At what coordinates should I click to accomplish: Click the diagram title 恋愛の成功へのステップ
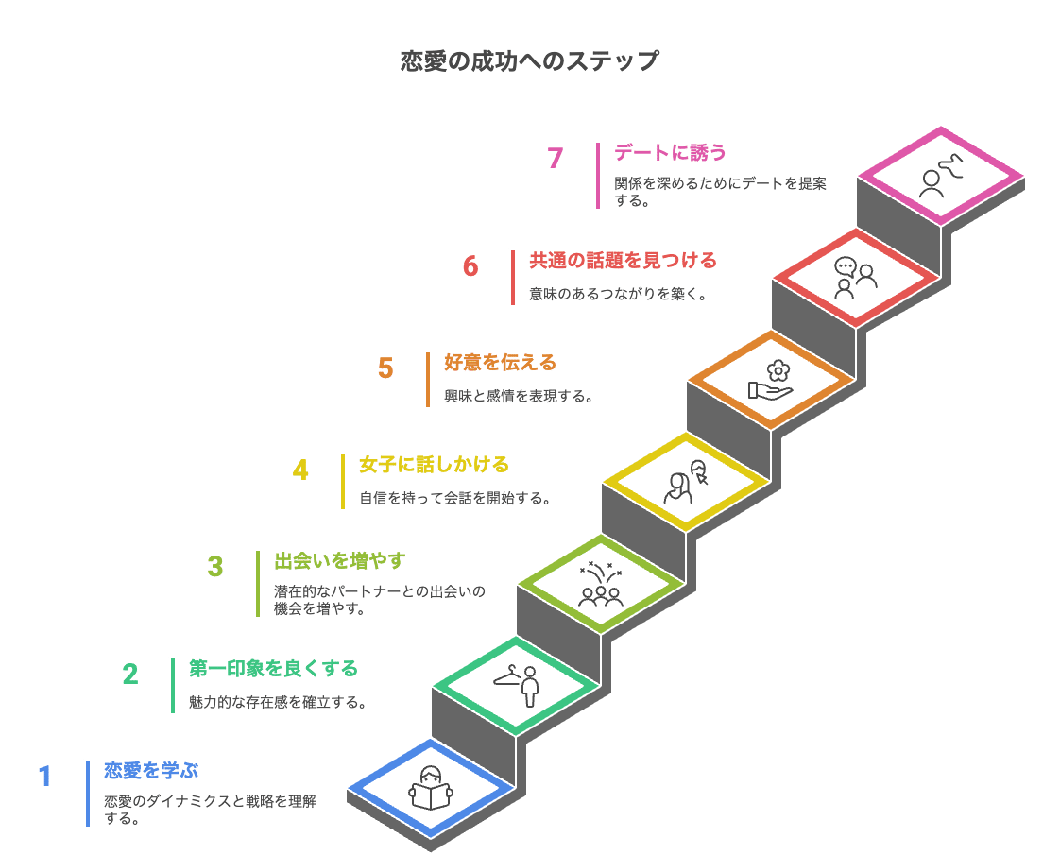529,61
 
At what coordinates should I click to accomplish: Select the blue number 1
44,777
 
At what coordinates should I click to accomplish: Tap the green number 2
130,674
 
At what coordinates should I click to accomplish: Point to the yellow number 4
300,470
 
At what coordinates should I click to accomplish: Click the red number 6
470,266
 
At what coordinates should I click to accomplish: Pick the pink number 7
556,158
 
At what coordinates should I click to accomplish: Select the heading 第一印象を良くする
273,669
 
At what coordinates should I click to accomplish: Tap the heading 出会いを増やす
339,561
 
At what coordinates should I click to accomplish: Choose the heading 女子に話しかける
434,464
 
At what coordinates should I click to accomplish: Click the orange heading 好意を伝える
500,362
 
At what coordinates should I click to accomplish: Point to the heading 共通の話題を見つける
623,260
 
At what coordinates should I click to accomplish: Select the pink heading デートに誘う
670,151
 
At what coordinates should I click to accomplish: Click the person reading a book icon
431,788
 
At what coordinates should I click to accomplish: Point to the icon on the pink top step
940,176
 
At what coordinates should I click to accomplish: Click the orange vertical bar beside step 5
428,380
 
